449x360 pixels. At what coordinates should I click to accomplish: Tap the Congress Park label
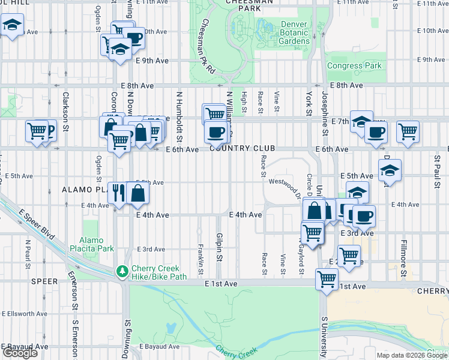(354, 66)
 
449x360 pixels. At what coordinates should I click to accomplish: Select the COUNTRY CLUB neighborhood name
(243, 148)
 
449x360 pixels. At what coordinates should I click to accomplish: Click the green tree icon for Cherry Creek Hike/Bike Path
(122, 272)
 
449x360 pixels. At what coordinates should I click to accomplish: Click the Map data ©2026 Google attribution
(412, 355)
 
